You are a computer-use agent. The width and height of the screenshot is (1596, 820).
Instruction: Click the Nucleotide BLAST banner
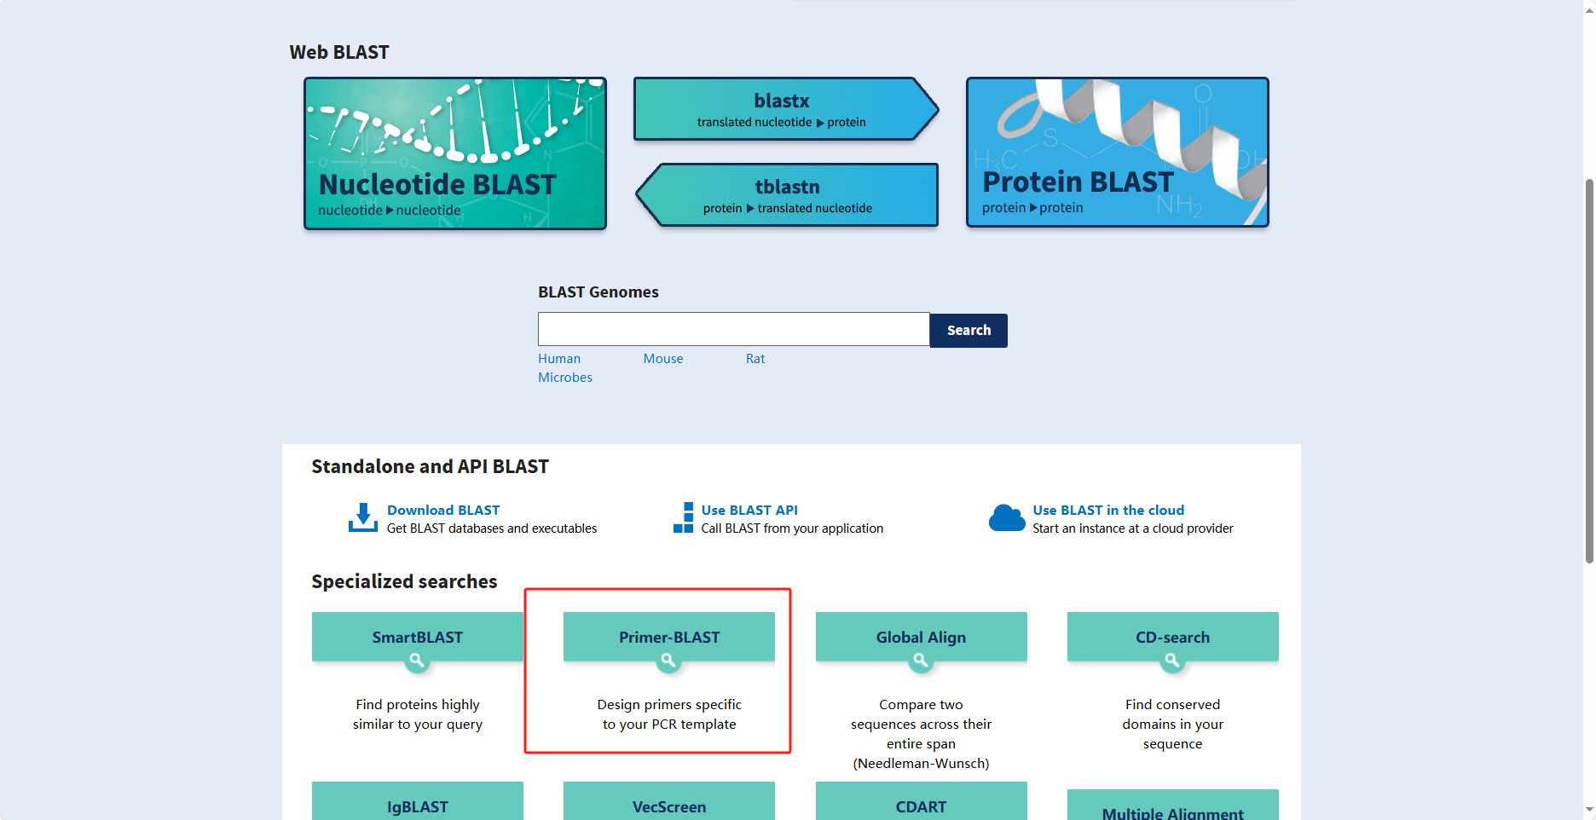click(455, 153)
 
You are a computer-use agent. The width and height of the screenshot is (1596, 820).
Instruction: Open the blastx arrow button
click(783, 109)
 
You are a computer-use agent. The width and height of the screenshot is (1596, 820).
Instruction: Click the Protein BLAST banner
click(1117, 153)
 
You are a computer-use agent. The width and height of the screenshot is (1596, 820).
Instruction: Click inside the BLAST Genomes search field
click(733, 329)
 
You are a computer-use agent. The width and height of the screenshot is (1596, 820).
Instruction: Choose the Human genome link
click(559, 359)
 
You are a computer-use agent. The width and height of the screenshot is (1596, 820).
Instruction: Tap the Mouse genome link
click(663, 359)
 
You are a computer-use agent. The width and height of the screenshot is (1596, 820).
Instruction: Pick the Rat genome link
click(755, 359)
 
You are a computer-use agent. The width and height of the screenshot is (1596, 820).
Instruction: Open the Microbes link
click(565, 378)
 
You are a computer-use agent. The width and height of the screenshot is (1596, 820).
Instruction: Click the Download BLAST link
click(443, 510)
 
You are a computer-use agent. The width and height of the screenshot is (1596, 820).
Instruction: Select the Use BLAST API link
click(749, 510)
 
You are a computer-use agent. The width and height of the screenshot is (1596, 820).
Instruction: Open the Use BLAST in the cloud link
click(1108, 510)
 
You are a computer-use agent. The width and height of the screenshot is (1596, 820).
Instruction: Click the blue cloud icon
click(1007, 517)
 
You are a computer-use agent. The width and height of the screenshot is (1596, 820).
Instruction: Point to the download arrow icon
click(363, 517)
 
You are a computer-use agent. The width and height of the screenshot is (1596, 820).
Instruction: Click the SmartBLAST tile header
click(418, 637)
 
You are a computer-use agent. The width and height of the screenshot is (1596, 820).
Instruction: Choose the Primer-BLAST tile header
click(669, 637)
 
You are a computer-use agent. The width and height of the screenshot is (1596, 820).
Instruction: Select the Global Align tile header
click(921, 637)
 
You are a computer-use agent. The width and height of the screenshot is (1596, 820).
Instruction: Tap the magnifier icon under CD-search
click(1172, 661)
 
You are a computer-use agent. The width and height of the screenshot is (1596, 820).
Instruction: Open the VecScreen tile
click(669, 805)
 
